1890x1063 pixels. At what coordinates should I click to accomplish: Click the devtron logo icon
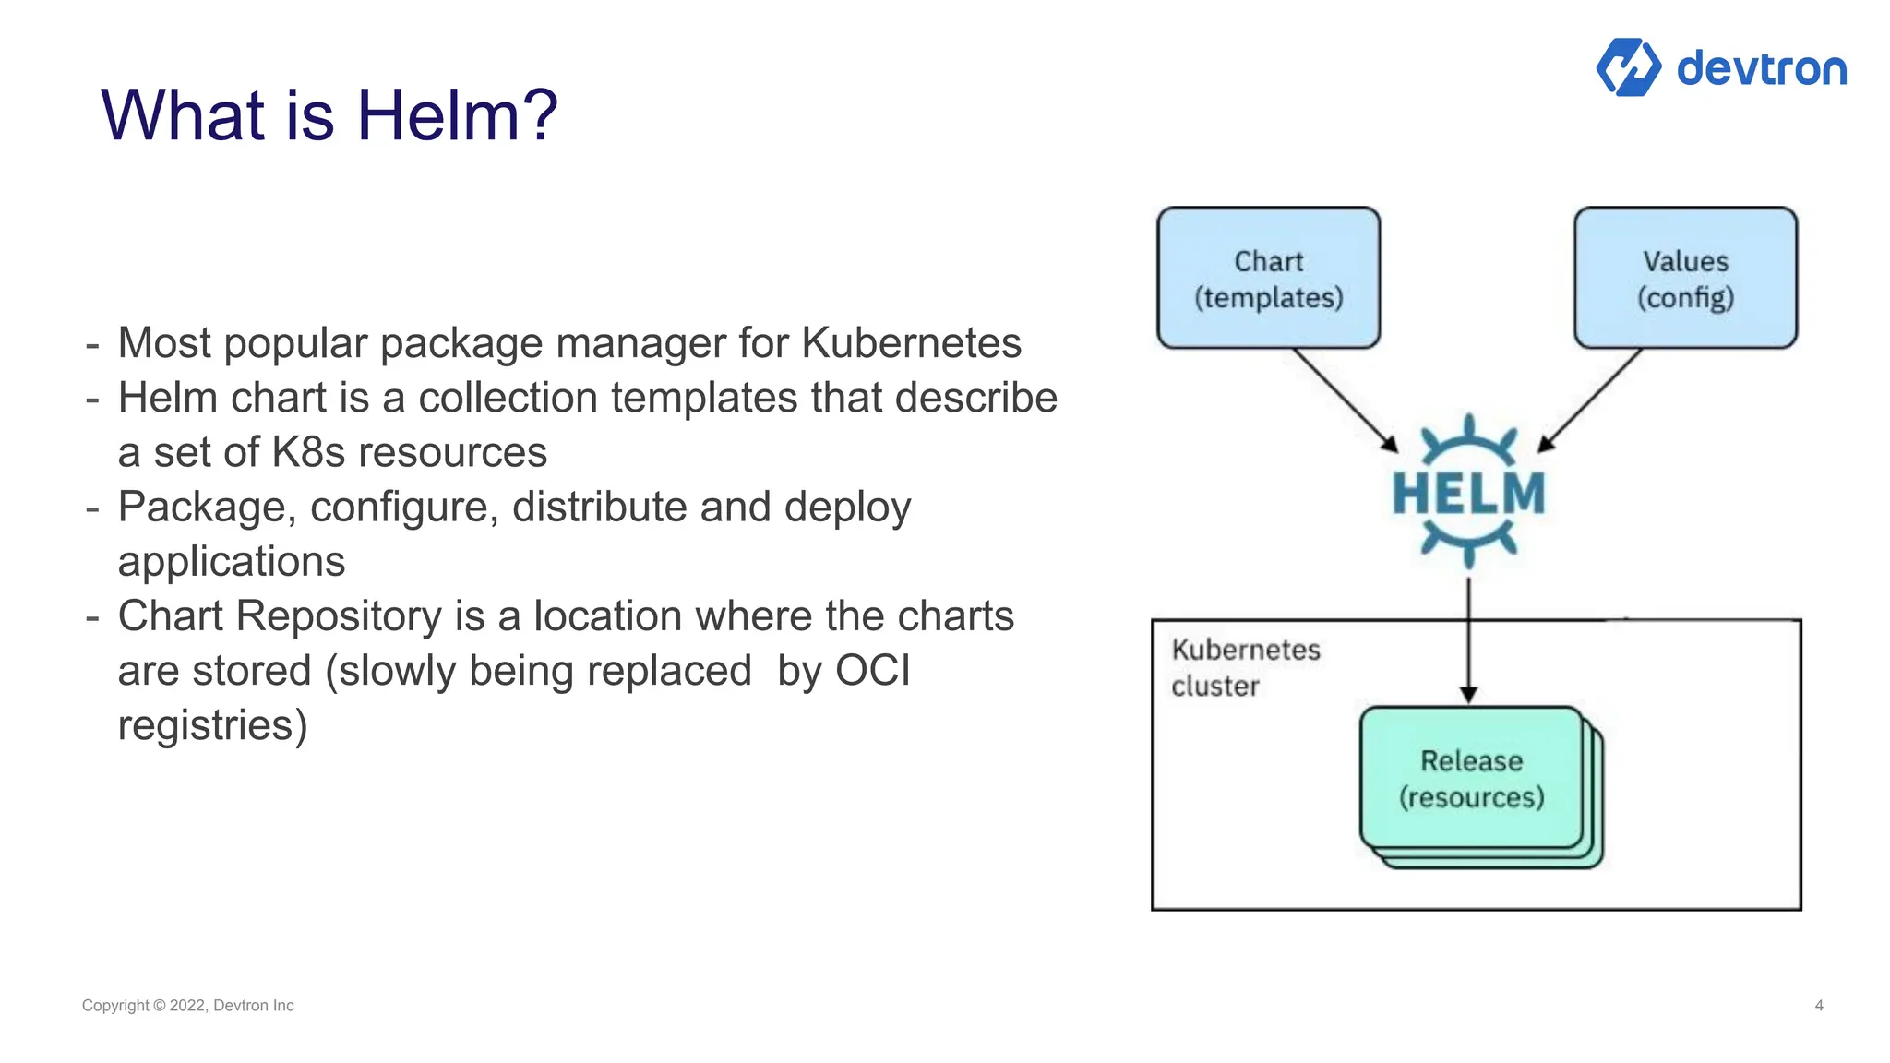point(1628,67)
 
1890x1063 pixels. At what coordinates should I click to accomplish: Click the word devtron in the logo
point(1761,69)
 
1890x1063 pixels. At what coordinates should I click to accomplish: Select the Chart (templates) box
point(1268,278)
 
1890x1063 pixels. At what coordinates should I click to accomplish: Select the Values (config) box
point(1685,278)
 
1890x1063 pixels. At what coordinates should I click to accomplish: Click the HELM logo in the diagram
point(1468,492)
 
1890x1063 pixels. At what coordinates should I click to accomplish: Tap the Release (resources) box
point(1471,779)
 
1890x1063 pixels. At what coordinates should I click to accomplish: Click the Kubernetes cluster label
point(1244,667)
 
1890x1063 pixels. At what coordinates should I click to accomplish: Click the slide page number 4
point(1818,1006)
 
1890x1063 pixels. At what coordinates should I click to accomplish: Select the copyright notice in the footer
point(187,1006)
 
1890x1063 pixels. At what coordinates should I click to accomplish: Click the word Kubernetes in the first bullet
point(911,343)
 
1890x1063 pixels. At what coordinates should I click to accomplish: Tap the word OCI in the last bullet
point(872,671)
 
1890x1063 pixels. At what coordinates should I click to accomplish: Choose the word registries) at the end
point(212,725)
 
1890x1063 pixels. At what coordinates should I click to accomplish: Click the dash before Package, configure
point(92,508)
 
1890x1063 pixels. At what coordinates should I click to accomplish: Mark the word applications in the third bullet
point(231,562)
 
